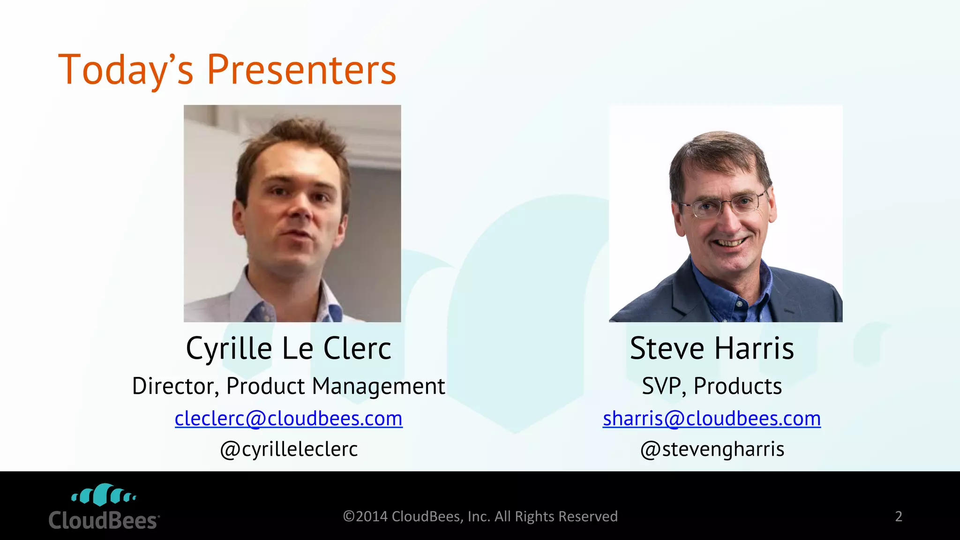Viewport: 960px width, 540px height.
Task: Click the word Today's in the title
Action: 126,70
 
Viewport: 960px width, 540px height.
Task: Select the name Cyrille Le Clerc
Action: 288,349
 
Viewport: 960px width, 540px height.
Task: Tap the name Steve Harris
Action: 712,349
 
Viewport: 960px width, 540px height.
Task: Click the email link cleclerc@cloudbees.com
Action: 288,418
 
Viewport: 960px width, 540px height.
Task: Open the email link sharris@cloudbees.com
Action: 712,418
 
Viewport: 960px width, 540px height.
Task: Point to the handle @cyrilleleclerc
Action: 288,449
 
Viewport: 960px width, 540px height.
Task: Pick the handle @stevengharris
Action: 712,449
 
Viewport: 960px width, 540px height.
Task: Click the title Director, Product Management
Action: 288,386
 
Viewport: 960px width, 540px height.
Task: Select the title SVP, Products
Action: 712,386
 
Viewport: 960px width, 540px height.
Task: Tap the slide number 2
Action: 898,516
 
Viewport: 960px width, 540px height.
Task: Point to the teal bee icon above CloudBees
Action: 104,495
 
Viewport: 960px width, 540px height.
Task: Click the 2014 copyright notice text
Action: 480,516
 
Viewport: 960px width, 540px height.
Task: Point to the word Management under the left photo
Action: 378,386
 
